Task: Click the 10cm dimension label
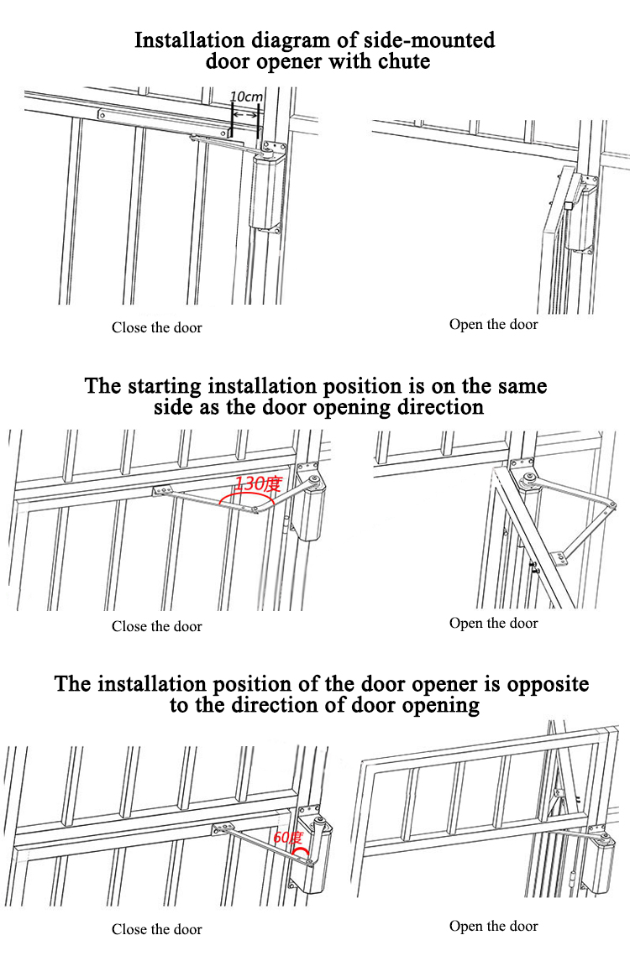246,97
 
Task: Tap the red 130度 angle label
258,483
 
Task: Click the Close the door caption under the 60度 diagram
157,929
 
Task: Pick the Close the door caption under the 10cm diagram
157,327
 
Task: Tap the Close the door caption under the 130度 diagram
157,626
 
